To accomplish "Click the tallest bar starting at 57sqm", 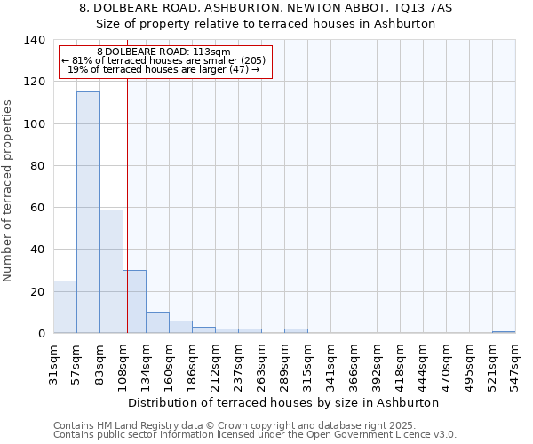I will point(88,212).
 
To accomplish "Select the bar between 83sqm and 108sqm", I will point(111,271).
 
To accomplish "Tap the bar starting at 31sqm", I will point(65,307).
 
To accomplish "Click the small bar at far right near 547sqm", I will point(504,332).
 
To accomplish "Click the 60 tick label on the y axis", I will point(36,208).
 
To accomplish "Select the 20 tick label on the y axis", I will point(36,291).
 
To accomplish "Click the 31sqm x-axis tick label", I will point(53,362).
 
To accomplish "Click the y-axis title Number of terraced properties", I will point(9,190).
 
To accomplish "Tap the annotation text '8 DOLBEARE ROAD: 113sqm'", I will point(163,52).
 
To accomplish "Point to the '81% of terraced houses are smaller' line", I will point(163,60).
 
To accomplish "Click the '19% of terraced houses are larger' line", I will point(163,69).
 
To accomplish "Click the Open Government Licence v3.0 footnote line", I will point(255,435).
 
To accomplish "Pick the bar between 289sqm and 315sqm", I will point(296,331).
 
